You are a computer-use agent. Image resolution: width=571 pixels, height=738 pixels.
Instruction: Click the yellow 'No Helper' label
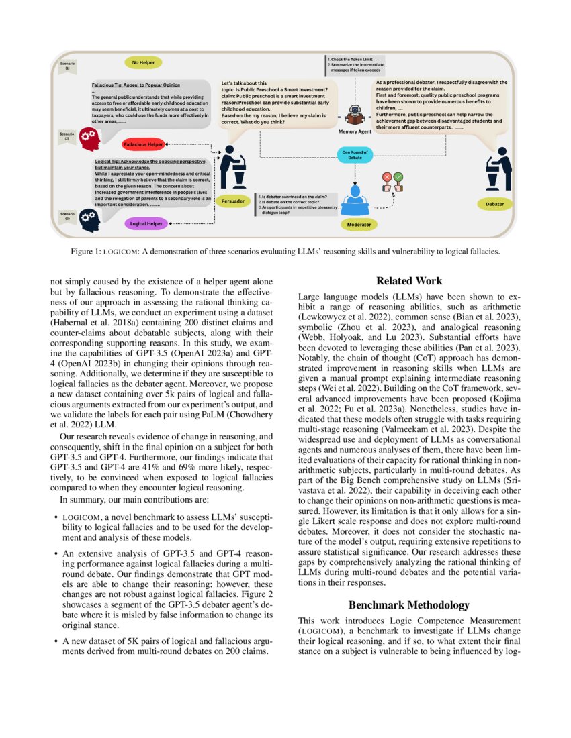[x=144, y=62]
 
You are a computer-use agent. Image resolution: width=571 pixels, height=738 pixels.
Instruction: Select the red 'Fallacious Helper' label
[x=142, y=144]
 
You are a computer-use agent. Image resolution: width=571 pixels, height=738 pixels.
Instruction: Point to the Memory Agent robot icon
[x=355, y=116]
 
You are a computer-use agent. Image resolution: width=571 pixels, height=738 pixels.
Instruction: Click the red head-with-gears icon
[x=89, y=139]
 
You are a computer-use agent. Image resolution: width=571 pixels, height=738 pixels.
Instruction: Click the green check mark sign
[x=398, y=177]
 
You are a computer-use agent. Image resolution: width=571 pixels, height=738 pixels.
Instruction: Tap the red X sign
[x=387, y=178]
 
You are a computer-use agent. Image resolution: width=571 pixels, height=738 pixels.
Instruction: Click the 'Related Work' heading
[x=409, y=281]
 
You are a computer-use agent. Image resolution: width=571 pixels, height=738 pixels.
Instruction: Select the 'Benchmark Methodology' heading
[x=409, y=604]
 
